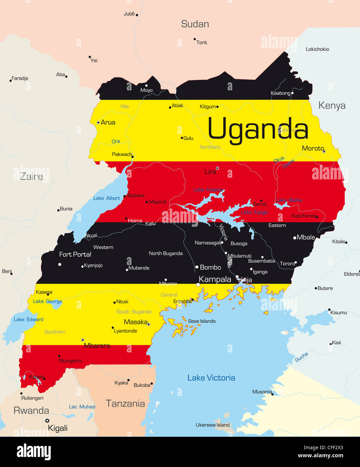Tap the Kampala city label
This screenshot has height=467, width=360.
215,280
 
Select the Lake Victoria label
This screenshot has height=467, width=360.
211,378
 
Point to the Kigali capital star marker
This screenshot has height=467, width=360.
47,421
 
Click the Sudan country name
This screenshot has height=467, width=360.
195,24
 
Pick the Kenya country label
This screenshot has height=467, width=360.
332,105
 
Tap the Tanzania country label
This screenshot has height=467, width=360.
125,404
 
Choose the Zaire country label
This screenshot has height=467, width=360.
32,176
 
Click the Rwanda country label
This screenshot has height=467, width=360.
31,411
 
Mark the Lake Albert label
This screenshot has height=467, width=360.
106,198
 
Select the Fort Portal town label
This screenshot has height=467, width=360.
75,254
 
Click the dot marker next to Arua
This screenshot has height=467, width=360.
98,123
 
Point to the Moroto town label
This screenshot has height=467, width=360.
313,148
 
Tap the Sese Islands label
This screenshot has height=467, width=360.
201,321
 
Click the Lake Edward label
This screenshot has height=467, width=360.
29,320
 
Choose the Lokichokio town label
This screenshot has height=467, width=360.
317,49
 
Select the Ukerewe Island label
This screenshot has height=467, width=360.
213,425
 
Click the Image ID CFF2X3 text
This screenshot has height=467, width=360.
323,448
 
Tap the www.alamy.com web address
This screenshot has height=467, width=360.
320,456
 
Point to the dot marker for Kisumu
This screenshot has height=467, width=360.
329,309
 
